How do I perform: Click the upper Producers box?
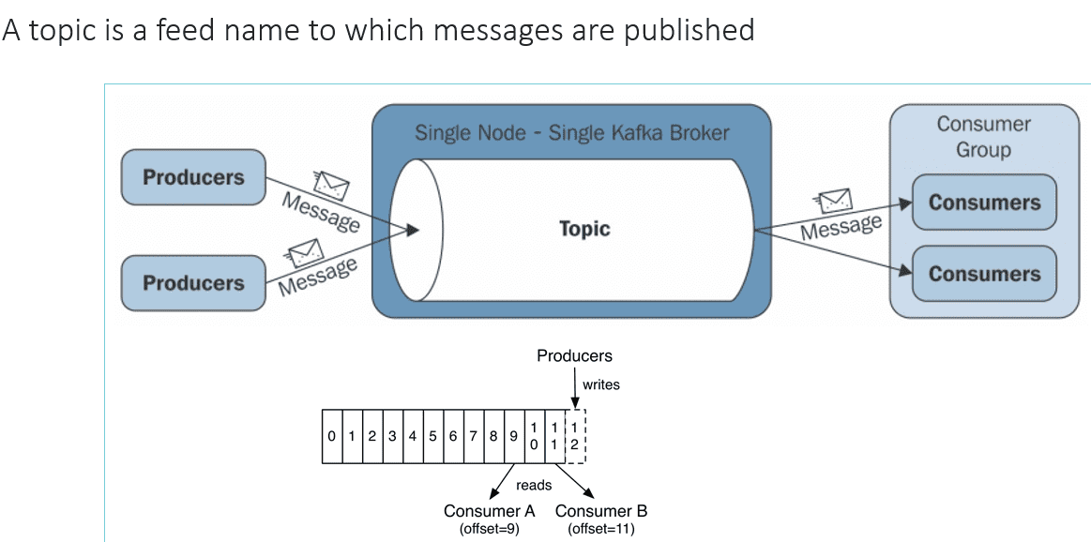(x=193, y=177)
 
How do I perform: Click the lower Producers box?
(x=193, y=282)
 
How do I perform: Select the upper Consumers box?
(x=984, y=203)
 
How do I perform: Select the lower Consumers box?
(x=984, y=274)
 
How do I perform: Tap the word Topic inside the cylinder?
(x=583, y=229)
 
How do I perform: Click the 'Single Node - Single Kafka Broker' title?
(x=571, y=132)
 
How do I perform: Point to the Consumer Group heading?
(x=983, y=137)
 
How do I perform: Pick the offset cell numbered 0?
(x=331, y=436)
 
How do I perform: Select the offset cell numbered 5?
(x=432, y=436)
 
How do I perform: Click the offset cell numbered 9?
(x=513, y=436)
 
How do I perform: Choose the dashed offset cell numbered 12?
(x=575, y=436)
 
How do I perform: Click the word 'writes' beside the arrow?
(x=601, y=384)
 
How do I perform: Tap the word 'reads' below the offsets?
(x=534, y=486)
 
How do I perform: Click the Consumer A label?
(x=489, y=511)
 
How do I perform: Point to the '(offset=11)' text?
(x=600, y=529)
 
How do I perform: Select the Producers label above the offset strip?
(x=574, y=356)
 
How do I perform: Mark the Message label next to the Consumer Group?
(x=841, y=227)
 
